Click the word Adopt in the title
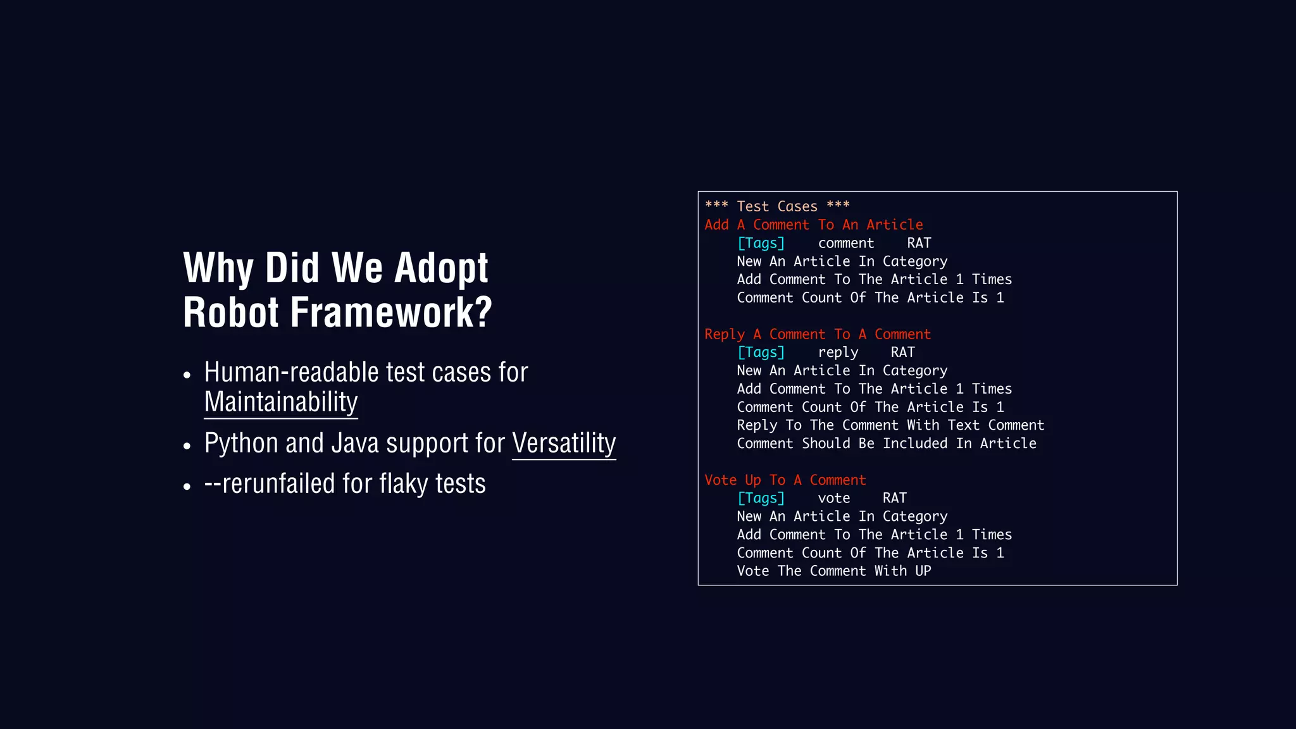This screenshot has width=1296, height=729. [x=441, y=268]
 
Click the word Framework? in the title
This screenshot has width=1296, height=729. [x=390, y=313]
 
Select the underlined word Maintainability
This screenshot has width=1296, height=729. [x=281, y=402]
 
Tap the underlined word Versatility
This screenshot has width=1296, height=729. [x=564, y=443]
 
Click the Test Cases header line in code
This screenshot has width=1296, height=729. [x=777, y=206]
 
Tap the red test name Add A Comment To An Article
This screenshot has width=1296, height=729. [x=813, y=225]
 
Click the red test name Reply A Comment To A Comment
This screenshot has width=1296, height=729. [x=817, y=334]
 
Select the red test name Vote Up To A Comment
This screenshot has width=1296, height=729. [x=785, y=480]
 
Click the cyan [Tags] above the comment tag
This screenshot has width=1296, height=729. [x=761, y=243]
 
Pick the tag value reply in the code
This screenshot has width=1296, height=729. [x=838, y=352]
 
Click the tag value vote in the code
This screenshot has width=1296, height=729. [x=833, y=498]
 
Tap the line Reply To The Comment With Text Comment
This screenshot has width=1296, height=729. [x=890, y=425]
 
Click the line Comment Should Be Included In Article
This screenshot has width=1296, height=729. [x=886, y=444]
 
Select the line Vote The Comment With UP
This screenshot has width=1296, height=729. [x=833, y=571]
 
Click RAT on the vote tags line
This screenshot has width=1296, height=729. [x=894, y=498]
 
